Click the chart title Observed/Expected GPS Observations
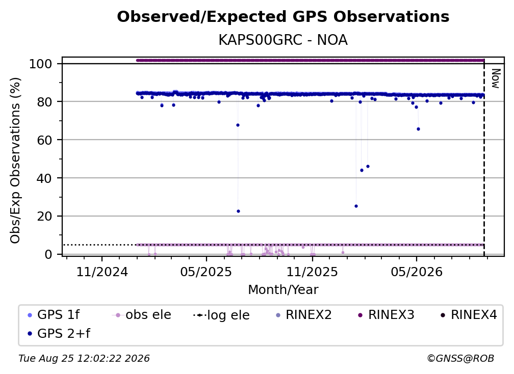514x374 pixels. [x=283, y=17]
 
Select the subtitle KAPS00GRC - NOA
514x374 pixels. [x=283, y=40]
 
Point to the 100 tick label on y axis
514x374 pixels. [x=41, y=64]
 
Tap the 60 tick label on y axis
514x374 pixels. [x=44, y=140]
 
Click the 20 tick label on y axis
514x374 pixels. [x=44, y=217]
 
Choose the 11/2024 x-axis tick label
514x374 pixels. [x=102, y=272]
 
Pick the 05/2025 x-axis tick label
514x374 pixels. [x=206, y=272]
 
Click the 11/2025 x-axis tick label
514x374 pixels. [x=312, y=272]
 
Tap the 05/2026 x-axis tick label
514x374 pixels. [x=416, y=272]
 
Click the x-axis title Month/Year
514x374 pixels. [x=283, y=290]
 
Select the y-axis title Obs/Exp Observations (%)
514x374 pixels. [x=15, y=161]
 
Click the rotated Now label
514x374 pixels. [x=496, y=78]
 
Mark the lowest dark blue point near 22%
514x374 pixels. [x=238, y=211]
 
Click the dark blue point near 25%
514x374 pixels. [x=356, y=206]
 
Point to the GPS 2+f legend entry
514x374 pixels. [x=59, y=333]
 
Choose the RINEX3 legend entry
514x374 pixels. [x=386, y=315]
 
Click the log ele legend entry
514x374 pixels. [x=222, y=315]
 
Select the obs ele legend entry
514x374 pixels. [x=142, y=315]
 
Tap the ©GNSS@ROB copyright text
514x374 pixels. [x=460, y=359]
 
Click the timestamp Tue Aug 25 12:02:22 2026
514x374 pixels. [x=84, y=359]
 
